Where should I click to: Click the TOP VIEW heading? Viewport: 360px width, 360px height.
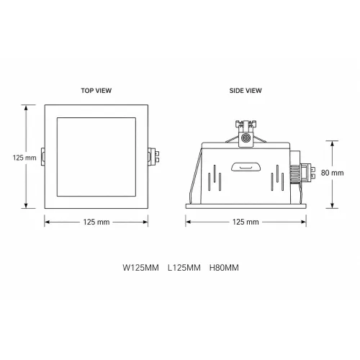(x=96, y=91)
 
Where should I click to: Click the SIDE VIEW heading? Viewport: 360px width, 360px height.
(x=246, y=91)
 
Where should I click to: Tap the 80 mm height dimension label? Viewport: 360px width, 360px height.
(x=333, y=173)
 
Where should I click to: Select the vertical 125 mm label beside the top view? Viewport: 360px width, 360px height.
(x=24, y=158)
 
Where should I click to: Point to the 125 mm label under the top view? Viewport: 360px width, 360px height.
(x=96, y=222)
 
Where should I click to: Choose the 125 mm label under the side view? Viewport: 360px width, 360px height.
(x=246, y=222)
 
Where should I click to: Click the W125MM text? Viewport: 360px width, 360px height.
(x=140, y=268)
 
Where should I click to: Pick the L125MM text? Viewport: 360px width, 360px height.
(x=184, y=268)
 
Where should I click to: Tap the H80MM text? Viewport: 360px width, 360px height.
(x=224, y=268)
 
